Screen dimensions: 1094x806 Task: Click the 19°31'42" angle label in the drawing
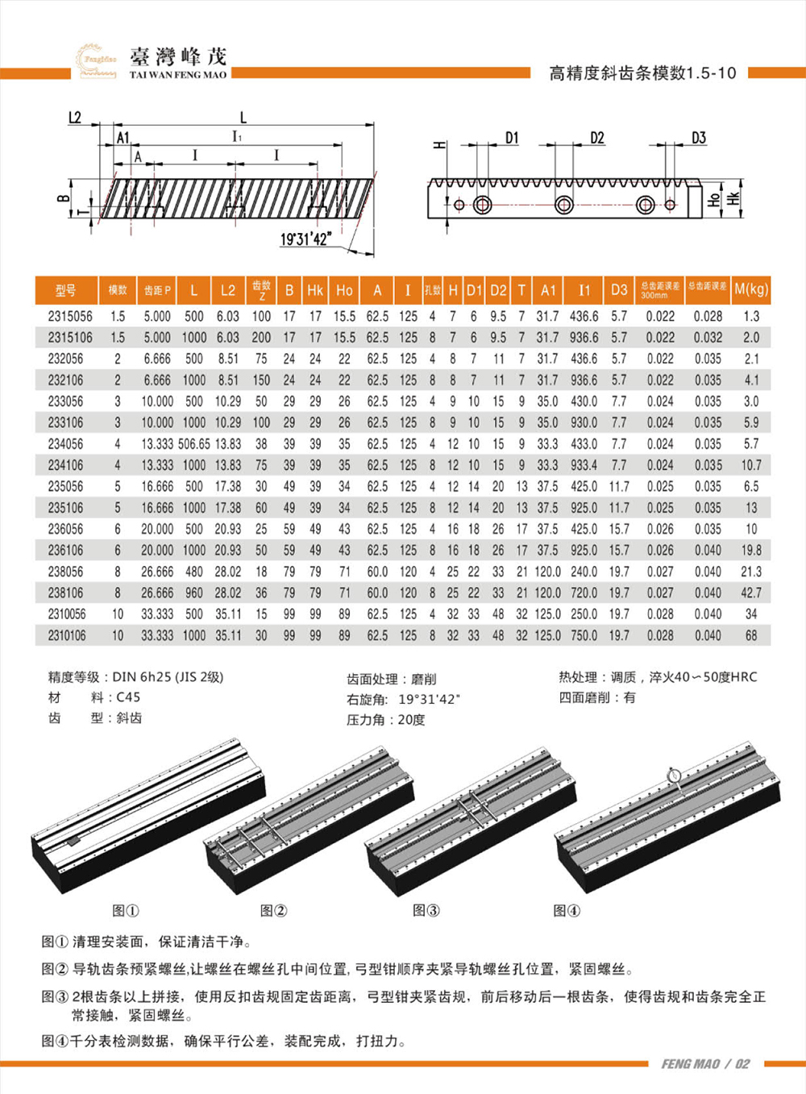click(305, 239)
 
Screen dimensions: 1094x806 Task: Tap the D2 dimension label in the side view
click(596, 138)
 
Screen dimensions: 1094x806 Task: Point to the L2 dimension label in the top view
click(74, 118)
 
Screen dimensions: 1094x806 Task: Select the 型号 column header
click(65, 290)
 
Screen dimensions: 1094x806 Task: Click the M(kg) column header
click(751, 289)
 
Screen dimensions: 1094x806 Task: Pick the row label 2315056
click(69, 317)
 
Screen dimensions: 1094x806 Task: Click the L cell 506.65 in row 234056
click(193, 444)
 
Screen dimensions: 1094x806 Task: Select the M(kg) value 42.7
click(751, 593)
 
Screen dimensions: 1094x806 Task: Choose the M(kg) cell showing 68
click(751, 635)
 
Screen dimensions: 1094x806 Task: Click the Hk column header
click(315, 290)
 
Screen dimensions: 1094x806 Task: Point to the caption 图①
click(126, 910)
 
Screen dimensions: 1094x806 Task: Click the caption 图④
click(567, 910)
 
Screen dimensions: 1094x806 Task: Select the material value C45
click(128, 697)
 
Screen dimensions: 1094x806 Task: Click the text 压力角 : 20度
click(385, 719)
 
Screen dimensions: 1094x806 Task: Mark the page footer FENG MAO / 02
click(704, 1063)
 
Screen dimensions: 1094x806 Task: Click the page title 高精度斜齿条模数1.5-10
click(642, 73)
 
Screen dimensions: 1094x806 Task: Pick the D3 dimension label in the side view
click(698, 138)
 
